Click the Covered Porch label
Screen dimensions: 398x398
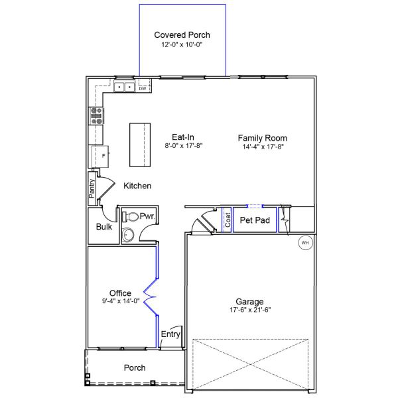tap(182, 34)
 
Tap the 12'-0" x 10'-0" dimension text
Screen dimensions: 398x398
tap(182, 45)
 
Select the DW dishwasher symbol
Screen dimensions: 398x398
tap(142, 88)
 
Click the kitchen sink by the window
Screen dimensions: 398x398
tap(123, 87)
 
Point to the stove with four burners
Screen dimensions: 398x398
tap(97, 116)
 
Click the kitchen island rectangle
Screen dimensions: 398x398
tap(138, 145)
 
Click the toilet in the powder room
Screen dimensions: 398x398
tap(131, 217)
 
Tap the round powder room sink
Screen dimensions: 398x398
tap(128, 234)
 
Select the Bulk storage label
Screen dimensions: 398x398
tap(103, 227)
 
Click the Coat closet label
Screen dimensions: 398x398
tap(228, 220)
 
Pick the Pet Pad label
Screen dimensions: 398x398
tap(255, 220)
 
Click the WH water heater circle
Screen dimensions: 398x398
tap(305, 243)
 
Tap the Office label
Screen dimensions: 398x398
tap(120, 293)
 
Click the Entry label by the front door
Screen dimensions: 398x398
tap(170, 334)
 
